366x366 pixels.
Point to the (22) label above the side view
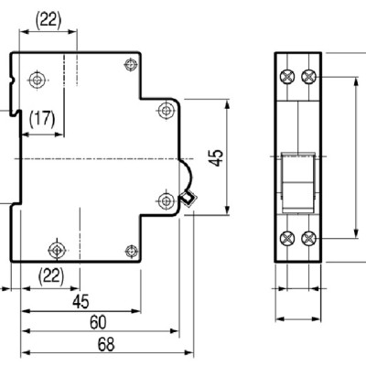pos(48,18)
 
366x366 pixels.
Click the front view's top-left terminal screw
pos(289,76)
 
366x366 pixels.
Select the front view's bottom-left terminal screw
pos(289,239)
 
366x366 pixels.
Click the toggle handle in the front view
pos(298,174)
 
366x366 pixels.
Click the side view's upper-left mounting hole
pos(37,80)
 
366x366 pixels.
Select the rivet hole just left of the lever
pos(166,200)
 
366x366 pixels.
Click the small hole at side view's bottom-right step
pos(131,250)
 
